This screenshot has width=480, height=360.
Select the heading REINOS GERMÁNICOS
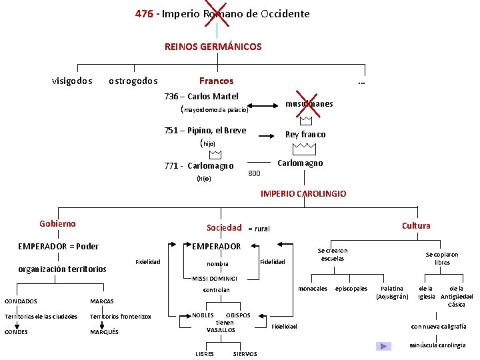click(x=213, y=47)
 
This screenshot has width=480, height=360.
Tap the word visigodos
click(x=72, y=81)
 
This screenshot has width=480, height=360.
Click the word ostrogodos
click(x=133, y=81)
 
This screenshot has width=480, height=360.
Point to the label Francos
click(x=217, y=81)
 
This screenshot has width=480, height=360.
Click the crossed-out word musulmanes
click(x=309, y=103)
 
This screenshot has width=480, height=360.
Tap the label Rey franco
click(x=305, y=134)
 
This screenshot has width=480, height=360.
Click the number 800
click(x=254, y=173)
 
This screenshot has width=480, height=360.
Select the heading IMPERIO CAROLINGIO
click(x=303, y=193)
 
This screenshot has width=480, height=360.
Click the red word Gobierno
click(x=57, y=224)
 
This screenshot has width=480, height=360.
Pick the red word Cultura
click(x=415, y=225)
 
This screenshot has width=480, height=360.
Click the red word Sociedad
click(x=224, y=227)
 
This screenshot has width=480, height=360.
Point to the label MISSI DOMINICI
click(x=215, y=278)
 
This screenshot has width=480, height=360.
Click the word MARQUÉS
click(x=104, y=331)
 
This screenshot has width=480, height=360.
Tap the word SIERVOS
click(x=245, y=354)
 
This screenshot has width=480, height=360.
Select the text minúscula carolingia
click(x=437, y=345)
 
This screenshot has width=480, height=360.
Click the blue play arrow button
click(x=383, y=346)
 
